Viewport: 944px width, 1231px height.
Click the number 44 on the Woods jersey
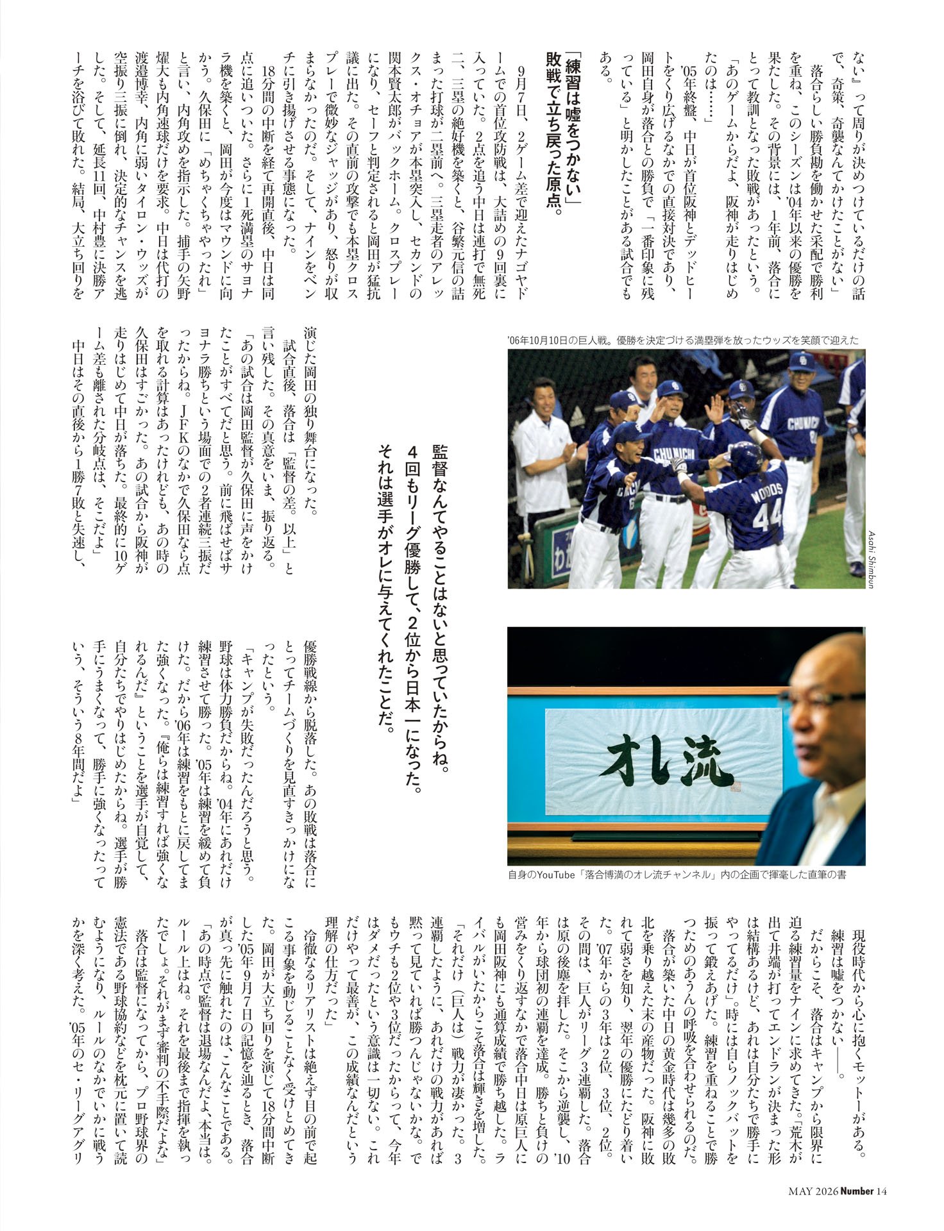coord(767,517)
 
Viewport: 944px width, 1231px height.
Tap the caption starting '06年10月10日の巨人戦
coord(682,340)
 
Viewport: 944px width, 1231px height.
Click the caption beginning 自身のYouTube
coord(677,874)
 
